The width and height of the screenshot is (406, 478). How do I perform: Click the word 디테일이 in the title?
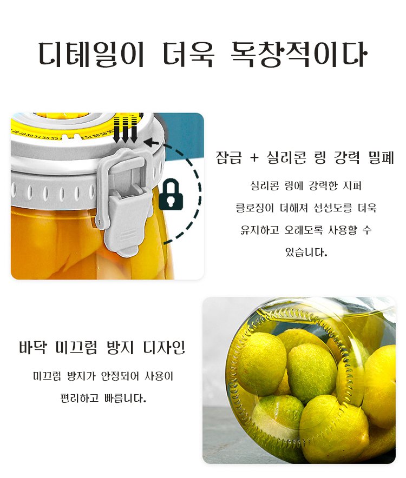(91, 55)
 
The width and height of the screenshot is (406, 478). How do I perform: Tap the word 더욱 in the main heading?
(188, 55)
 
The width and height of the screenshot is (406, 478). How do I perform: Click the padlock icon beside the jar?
(171, 195)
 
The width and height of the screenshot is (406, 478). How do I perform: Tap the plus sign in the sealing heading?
(254, 158)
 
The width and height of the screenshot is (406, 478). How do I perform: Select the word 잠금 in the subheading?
(229, 157)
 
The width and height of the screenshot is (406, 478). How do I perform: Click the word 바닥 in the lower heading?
(33, 348)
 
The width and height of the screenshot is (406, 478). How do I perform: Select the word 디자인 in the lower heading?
(164, 348)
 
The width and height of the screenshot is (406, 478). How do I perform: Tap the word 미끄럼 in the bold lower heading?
(76, 348)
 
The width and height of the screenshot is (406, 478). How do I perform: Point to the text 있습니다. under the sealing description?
(306, 252)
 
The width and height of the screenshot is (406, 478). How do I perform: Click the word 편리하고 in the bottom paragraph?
(80, 398)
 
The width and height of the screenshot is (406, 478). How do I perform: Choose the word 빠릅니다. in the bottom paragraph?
(125, 398)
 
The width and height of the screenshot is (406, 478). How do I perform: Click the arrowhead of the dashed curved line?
(149, 142)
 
